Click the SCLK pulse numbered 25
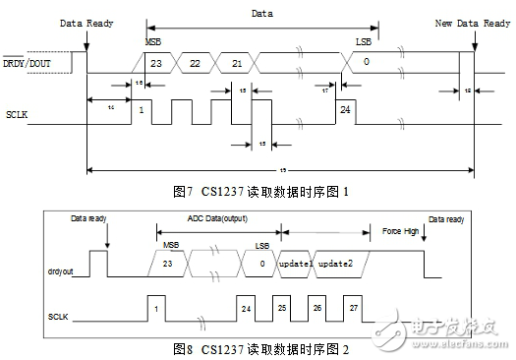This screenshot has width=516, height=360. (x=281, y=308)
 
